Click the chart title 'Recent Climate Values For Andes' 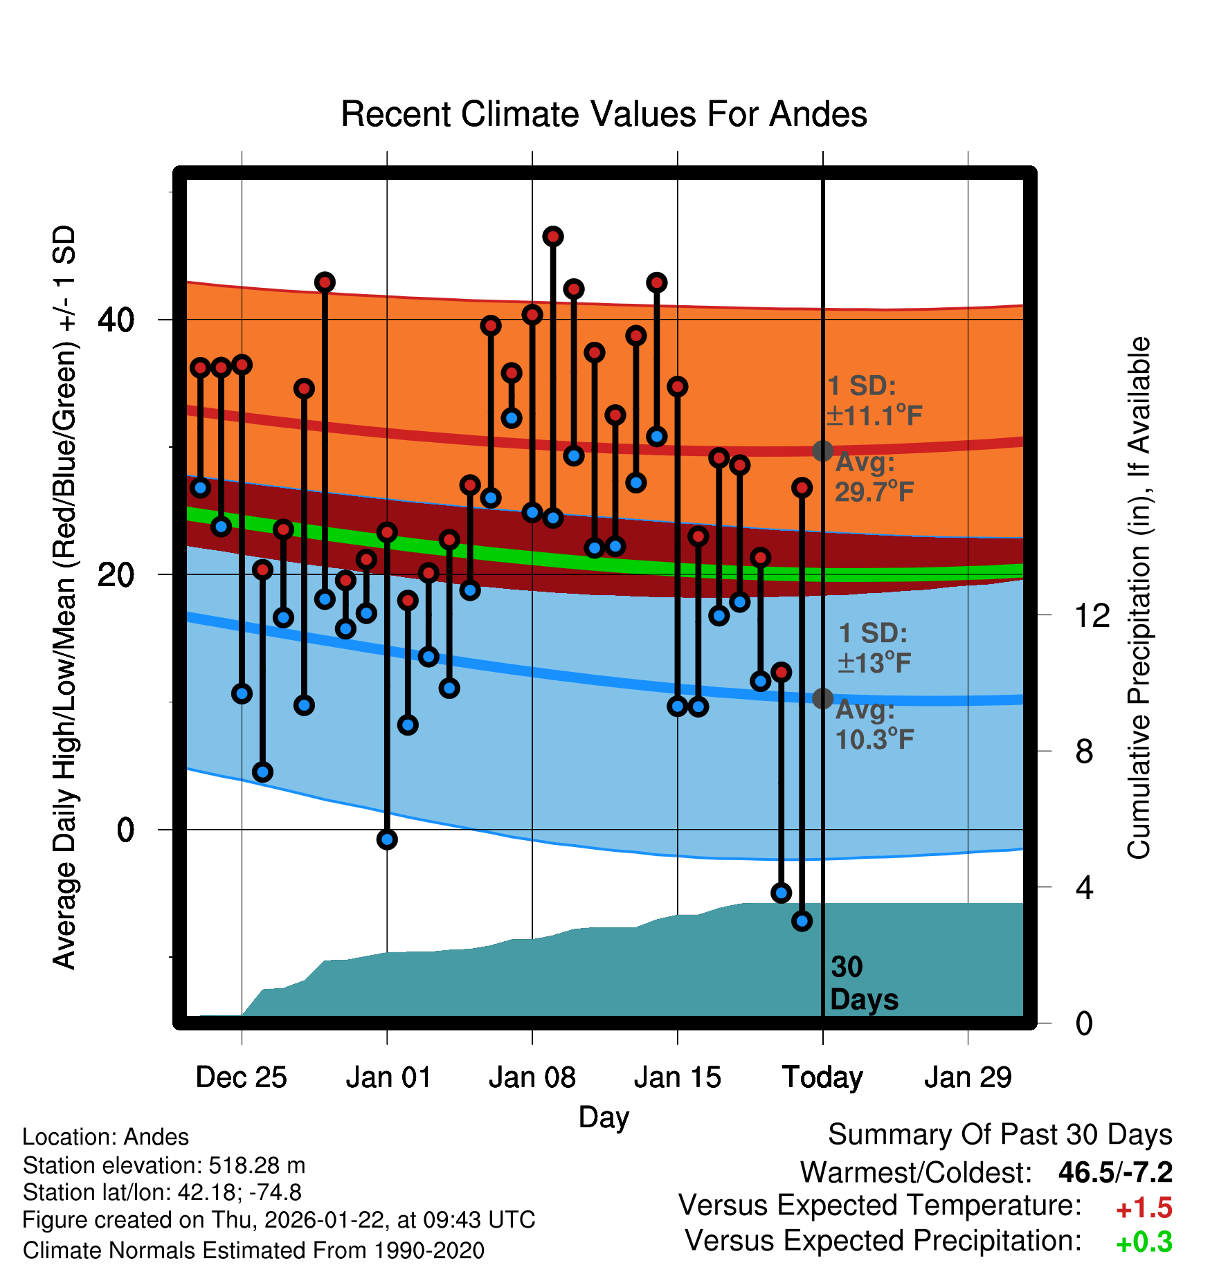604,114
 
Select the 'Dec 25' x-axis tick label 241,1077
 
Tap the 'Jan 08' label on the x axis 532,1077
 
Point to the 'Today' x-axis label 822,1077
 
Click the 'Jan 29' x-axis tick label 968,1077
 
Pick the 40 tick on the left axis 116,320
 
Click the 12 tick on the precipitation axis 1092,615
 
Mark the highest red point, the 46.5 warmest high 552,237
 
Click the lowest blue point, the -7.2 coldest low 802,921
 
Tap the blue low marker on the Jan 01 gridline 387,839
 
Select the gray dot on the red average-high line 822,451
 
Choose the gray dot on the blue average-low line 822,698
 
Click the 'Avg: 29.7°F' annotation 874,477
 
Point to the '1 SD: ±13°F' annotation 874,648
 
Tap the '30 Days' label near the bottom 863,983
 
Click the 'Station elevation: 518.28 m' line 164,1165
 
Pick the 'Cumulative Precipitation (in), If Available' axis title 1139,598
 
